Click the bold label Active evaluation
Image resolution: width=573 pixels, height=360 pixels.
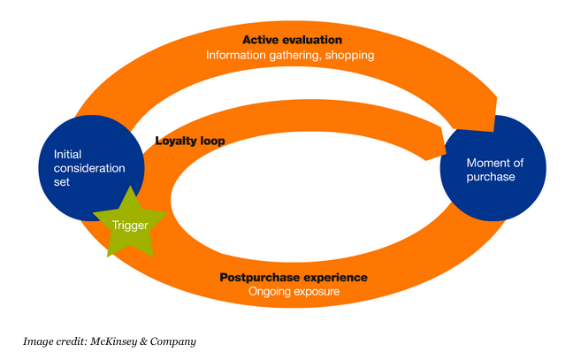(292, 40)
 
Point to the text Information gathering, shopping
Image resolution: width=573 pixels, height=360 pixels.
(290, 55)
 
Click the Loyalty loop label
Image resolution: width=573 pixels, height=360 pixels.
(189, 140)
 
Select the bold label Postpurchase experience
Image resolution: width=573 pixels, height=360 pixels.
(293, 277)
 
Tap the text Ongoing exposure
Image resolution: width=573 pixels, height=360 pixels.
(293, 291)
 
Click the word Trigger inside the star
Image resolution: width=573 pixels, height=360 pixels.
(129, 225)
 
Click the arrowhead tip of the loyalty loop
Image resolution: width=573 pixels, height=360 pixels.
(444, 140)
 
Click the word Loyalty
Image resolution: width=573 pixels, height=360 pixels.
(176, 140)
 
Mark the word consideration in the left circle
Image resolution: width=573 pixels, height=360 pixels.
(89, 168)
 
